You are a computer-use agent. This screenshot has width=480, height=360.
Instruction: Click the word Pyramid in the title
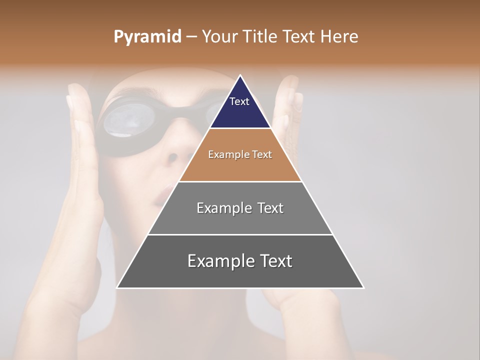click(147, 37)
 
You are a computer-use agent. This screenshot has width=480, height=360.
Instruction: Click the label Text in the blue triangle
click(239, 101)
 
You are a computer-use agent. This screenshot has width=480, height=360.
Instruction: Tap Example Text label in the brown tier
click(240, 154)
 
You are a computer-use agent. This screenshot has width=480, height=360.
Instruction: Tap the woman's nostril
click(172, 157)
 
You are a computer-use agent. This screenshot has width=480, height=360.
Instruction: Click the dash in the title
click(191, 37)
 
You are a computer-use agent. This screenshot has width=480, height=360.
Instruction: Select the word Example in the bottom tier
click(220, 261)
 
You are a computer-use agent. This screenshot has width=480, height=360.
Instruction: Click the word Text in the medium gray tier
click(267, 208)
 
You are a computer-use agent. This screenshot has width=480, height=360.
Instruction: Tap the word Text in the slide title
click(300, 36)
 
